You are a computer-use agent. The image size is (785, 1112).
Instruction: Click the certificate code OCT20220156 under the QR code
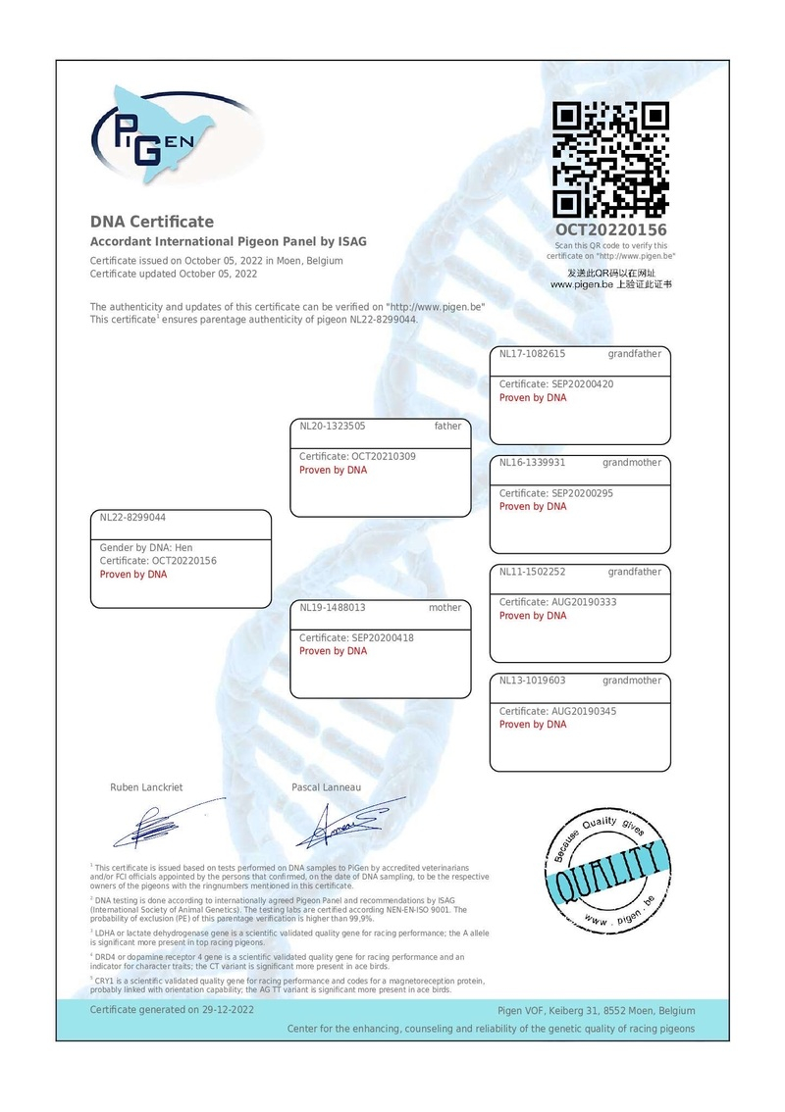click(x=610, y=229)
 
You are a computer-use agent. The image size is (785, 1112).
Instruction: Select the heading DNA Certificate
click(x=152, y=222)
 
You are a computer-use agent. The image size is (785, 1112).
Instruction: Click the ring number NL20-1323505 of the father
click(x=333, y=427)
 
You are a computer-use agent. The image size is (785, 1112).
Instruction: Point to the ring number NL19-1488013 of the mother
click(x=333, y=608)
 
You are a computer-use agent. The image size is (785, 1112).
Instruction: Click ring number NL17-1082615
click(x=533, y=354)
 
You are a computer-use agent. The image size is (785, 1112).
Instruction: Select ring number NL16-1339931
click(x=533, y=463)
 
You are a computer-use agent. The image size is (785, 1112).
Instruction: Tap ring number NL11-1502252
click(x=533, y=572)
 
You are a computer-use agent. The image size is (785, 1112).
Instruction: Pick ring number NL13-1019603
click(x=533, y=681)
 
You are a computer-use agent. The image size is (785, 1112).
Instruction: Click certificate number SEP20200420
click(x=578, y=384)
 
